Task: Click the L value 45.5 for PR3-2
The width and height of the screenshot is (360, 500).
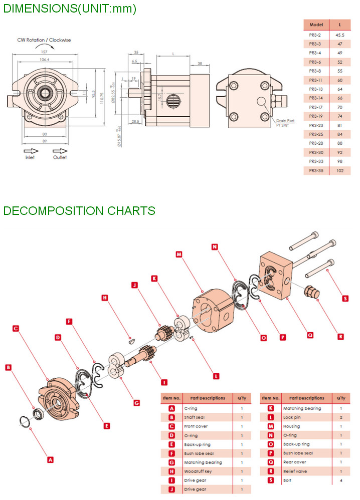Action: pyautogui.click(x=339, y=35)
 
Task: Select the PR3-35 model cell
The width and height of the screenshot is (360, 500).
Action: pyautogui.click(x=315, y=170)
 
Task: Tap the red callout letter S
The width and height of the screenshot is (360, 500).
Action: pyautogui.click(x=345, y=298)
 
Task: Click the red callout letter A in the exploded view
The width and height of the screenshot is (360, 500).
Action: pyautogui.click(x=50, y=459)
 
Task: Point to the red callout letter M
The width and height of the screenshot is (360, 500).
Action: pyautogui.click(x=178, y=254)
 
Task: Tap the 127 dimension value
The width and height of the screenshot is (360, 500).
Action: pyautogui.click(x=44, y=52)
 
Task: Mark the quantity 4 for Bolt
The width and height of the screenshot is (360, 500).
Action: pyautogui.click(x=341, y=480)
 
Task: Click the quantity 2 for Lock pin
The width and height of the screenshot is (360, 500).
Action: pyautogui.click(x=341, y=417)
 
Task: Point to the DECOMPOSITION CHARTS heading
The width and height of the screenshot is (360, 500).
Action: pyautogui.click(x=79, y=211)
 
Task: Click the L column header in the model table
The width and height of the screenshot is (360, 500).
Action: pyautogui.click(x=339, y=24)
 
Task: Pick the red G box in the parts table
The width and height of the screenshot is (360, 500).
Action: pyautogui.click(x=171, y=462)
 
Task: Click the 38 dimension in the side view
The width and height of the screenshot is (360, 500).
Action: pyautogui.click(x=200, y=64)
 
